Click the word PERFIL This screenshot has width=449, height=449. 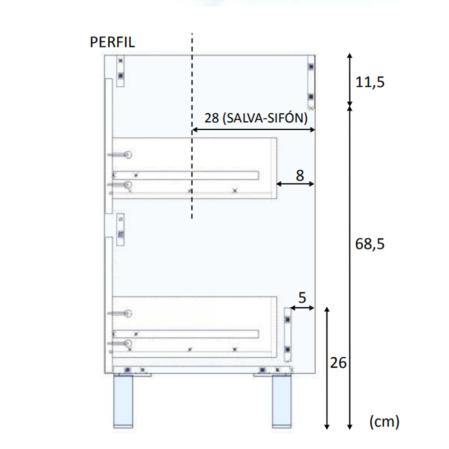(x=112, y=42)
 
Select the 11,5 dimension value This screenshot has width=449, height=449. (x=370, y=82)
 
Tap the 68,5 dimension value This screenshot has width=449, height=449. (x=370, y=244)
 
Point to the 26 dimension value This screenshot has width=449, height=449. (x=338, y=363)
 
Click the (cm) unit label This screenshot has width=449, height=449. (x=384, y=422)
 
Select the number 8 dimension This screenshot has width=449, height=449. (x=299, y=175)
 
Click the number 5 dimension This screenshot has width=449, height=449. (x=302, y=298)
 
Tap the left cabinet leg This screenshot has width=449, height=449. (x=124, y=403)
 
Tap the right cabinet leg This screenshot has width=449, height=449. (x=281, y=403)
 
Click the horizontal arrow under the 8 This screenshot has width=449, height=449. (x=296, y=184)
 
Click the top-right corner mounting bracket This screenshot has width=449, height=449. (x=310, y=82)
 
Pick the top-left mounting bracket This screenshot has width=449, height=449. (x=120, y=71)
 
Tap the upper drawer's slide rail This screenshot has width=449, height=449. (x=186, y=175)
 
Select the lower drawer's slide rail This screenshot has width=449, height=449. (x=186, y=333)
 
